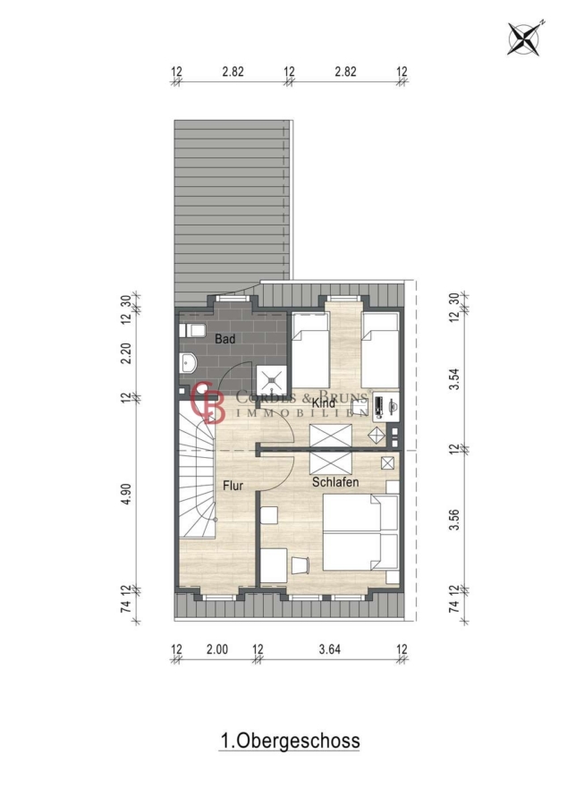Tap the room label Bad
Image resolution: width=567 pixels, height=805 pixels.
click(x=224, y=339)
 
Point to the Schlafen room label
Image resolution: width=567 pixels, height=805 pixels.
click(x=335, y=482)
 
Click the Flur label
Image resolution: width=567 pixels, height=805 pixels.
click(x=233, y=485)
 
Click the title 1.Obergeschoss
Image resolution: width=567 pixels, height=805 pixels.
click(x=290, y=741)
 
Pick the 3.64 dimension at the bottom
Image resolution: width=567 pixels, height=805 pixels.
click(x=329, y=649)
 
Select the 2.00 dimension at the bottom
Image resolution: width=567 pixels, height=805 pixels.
click(x=217, y=649)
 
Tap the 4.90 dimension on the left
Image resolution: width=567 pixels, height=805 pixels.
click(x=126, y=494)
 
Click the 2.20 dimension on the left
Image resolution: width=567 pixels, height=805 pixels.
click(x=126, y=352)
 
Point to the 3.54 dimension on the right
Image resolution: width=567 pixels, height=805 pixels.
click(x=454, y=379)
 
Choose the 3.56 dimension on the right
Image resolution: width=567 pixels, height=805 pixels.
click(x=454, y=520)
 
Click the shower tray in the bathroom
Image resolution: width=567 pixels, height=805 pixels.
click(x=270, y=380)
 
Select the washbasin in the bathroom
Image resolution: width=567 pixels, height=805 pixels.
click(x=189, y=363)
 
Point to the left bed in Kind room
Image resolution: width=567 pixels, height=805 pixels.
click(x=310, y=350)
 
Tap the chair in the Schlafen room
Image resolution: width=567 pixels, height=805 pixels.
click(x=300, y=565)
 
